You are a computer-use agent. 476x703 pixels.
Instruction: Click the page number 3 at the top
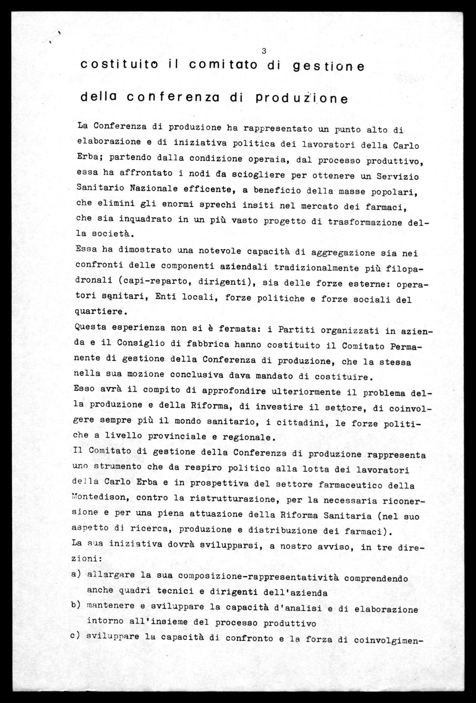point(264,51)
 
